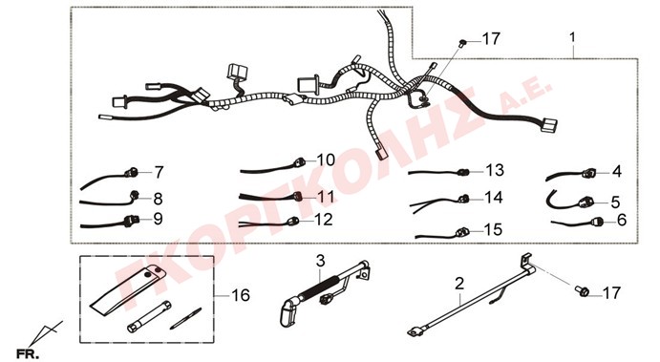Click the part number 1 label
[x=572, y=38]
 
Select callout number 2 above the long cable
[x=459, y=284]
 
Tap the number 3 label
[x=320, y=261]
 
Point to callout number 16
[x=241, y=295]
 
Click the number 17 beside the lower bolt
[x=611, y=292]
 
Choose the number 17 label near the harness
[x=491, y=39]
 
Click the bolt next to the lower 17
[x=582, y=290]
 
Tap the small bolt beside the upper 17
[x=462, y=43]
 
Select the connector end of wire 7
[x=131, y=172]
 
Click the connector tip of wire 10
[x=300, y=161]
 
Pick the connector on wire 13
[x=463, y=172]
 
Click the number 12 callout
[x=324, y=220]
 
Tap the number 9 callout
[x=158, y=219]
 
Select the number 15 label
[x=493, y=230]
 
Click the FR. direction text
[x=29, y=354]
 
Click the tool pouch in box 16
[x=128, y=289]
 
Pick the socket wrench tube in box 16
[x=149, y=316]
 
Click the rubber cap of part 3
[x=289, y=311]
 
